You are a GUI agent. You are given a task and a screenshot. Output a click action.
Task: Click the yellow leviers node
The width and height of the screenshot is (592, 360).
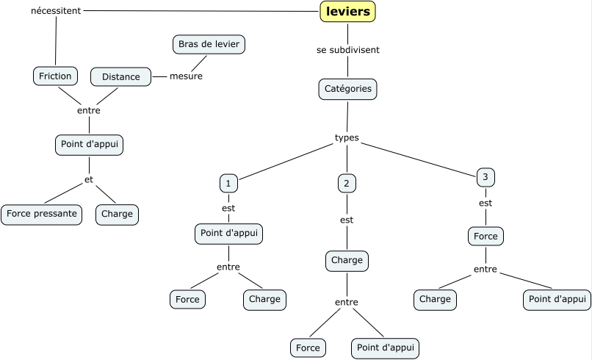coord(347,11)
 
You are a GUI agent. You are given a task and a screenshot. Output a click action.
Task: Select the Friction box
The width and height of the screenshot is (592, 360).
coord(56,76)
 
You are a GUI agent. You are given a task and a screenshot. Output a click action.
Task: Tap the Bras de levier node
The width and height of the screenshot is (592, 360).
coord(209,44)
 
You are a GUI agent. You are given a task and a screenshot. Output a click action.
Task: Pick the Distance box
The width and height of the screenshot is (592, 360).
coord(120,76)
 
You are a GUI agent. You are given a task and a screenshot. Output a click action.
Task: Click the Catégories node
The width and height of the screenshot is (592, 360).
coord(348,89)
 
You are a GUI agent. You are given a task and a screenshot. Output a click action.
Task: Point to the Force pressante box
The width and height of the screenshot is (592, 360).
coord(41,215)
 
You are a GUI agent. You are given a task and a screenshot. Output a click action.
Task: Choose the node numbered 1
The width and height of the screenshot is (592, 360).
coord(229,182)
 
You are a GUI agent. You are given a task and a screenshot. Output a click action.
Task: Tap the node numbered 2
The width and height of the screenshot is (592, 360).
coord(347,183)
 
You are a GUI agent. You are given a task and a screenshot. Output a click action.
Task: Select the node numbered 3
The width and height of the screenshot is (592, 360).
coord(485,176)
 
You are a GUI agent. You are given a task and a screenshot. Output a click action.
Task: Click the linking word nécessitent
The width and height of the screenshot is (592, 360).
coord(56,11)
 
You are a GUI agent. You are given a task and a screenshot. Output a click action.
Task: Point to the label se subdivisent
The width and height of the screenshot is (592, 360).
coord(347,50)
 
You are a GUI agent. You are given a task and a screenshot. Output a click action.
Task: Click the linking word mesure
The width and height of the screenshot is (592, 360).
coord(186,76)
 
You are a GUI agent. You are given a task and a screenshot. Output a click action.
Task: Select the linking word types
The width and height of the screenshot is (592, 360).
coord(347,137)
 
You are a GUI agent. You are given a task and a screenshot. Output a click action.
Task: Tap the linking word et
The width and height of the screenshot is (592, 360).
coord(89,179)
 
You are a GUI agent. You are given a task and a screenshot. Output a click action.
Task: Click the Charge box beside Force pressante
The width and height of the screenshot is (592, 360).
coord(117,215)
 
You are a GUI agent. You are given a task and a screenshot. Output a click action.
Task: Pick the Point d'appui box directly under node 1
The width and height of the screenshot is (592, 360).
coord(229,234)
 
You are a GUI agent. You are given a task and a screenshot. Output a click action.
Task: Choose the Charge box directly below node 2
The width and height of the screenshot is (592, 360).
coord(347,260)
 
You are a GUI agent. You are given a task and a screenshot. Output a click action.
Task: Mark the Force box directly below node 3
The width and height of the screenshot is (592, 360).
coord(485,236)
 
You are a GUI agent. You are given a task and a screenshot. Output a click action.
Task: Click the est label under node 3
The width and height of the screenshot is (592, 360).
coord(485,203)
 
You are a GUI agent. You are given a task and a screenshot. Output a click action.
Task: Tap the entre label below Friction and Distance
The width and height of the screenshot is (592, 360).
coord(89,110)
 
